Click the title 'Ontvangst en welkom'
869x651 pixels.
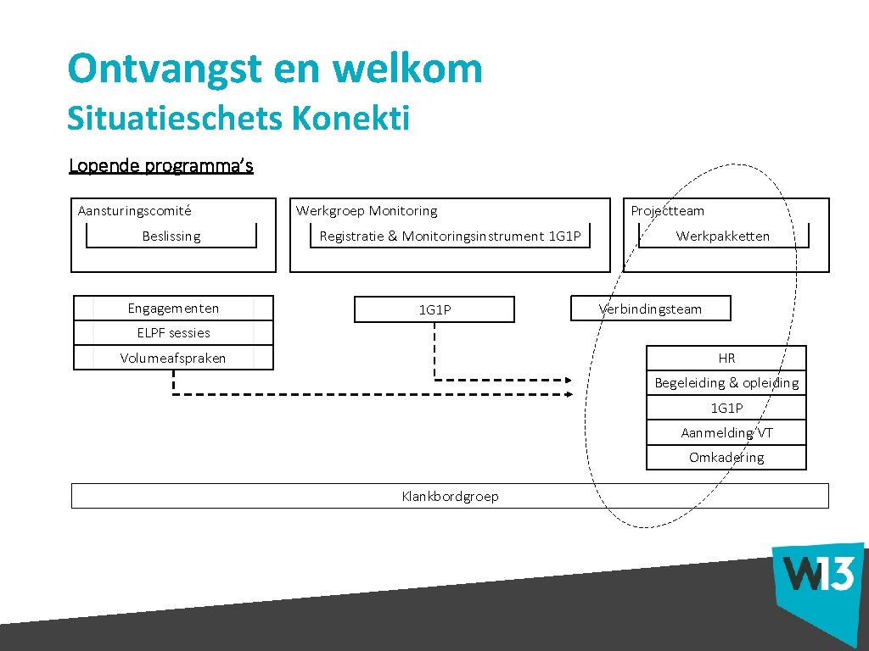[x=274, y=69]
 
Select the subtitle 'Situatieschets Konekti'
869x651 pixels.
[x=238, y=118]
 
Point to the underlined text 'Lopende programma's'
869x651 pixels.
[x=161, y=165]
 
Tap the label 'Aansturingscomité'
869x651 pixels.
[x=134, y=211]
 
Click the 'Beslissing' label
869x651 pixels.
[x=171, y=236]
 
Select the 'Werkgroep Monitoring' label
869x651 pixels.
[x=367, y=211]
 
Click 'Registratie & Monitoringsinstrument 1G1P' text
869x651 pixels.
[x=450, y=236]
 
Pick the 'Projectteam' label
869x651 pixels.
[x=667, y=211]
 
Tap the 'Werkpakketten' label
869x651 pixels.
[x=723, y=236]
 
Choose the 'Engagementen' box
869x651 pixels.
[x=173, y=309]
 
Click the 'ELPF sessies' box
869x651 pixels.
[x=173, y=333]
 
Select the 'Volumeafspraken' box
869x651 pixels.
[x=173, y=358]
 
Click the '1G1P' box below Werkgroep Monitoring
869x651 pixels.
[x=434, y=310]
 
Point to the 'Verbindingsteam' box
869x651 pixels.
[x=651, y=309]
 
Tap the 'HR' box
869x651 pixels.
[x=726, y=359]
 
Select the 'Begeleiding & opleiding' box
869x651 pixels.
[x=726, y=383]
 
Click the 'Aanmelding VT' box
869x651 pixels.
[x=726, y=433]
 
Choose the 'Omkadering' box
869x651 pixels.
[x=726, y=458]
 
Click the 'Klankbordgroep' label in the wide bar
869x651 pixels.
[x=450, y=496]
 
